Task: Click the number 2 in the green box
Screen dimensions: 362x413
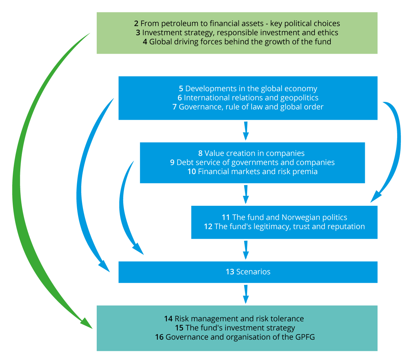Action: point(136,24)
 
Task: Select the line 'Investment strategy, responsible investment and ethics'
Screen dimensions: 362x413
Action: point(240,33)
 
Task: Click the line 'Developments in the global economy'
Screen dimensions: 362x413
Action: point(251,89)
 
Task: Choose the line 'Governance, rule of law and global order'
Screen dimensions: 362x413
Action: point(251,107)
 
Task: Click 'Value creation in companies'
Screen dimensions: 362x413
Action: point(254,153)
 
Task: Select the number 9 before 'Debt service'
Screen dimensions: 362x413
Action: point(172,162)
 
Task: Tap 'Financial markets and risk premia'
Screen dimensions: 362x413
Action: point(257,171)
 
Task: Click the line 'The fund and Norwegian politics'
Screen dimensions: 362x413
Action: point(289,217)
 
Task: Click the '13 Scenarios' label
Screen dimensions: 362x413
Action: point(248,272)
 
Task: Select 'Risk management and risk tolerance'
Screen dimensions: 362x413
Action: point(239,319)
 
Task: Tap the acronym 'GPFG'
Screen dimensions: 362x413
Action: point(305,337)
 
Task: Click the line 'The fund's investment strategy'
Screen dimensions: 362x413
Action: point(240,328)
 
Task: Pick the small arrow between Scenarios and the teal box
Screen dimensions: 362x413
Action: point(246,295)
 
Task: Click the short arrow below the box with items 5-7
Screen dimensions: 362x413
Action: point(246,131)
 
